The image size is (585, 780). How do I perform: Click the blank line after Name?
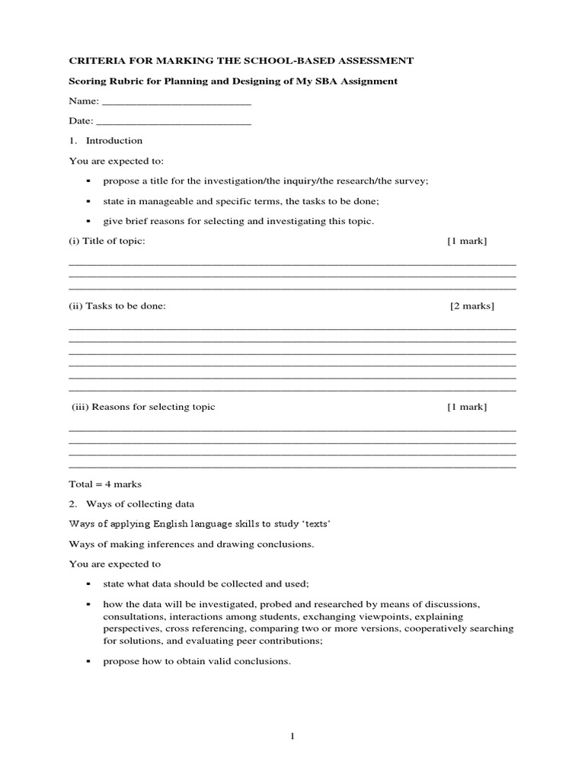pyautogui.click(x=176, y=102)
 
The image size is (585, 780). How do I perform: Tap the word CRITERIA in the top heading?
pyautogui.click(x=97, y=61)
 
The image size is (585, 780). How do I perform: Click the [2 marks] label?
pyautogui.click(x=472, y=306)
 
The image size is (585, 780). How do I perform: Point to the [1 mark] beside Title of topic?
pyautogui.click(x=467, y=241)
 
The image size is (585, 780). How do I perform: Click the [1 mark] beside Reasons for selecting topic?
pyautogui.click(x=467, y=407)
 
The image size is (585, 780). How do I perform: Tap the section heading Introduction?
pyautogui.click(x=113, y=141)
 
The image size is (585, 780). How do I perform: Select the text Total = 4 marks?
pyautogui.click(x=105, y=484)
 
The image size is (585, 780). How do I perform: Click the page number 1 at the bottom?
pyautogui.click(x=292, y=736)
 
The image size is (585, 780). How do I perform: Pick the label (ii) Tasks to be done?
pyautogui.click(x=117, y=306)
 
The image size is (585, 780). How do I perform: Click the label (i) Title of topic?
pyautogui.click(x=107, y=241)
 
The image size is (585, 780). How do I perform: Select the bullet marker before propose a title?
pyautogui.click(x=88, y=181)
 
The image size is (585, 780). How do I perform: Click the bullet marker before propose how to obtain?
pyautogui.click(x=88, y=662)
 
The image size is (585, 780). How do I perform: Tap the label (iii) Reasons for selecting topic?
pyautogui.click(x=144, y=407)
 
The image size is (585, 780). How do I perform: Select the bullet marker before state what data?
pyautogui.click(x=88, y=584)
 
